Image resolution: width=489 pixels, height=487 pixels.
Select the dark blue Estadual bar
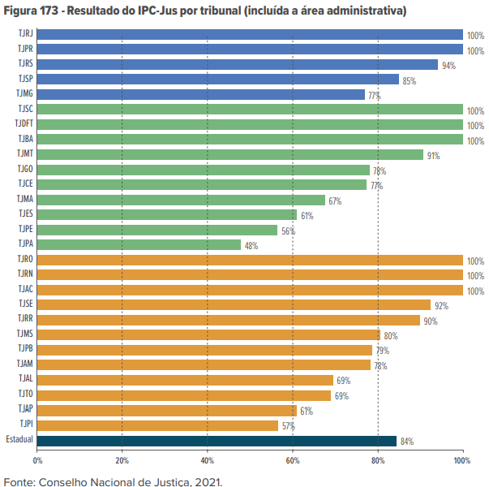click(217, 441)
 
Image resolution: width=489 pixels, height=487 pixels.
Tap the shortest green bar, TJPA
click(139, 244)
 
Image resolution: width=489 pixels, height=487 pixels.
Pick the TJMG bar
click(200, 94)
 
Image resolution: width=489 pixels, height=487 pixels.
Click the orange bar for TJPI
click(157, 425)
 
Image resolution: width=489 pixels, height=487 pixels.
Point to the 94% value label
click(448, 66)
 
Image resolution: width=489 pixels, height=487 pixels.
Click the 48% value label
click(251, 246)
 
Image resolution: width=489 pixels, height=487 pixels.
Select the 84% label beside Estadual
click(406, 442)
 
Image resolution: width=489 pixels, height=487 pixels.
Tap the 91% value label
click(433, 156)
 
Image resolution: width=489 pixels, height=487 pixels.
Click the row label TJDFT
click(24, 123)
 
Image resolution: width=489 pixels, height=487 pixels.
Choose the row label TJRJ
click(24, 35)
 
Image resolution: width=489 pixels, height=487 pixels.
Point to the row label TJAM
click(24, 364)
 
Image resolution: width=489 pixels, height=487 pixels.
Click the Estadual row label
click(19, 440)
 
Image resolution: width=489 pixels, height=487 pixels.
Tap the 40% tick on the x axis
click(207, 460)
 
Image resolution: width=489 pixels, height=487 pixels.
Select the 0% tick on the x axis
click(37, 460)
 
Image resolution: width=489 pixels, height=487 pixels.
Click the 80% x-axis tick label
click(377, 460)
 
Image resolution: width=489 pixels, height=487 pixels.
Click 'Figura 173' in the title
click(32, 11)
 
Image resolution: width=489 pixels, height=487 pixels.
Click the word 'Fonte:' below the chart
click(19, 480)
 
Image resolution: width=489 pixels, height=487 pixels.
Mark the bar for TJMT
click(230, 154)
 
